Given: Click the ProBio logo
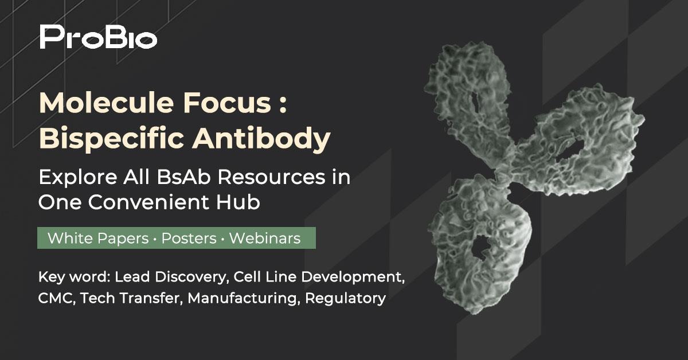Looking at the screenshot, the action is pos(98,37).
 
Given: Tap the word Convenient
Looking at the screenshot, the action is pos(148,202).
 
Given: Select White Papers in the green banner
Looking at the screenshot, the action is pos(98,238).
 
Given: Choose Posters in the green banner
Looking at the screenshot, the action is pos(189,238).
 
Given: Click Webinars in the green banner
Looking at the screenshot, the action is pos(265,238).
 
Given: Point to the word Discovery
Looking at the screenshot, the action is pos(190,277).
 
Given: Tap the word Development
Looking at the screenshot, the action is pos(353,277).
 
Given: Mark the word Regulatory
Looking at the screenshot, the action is pos(346,299).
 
